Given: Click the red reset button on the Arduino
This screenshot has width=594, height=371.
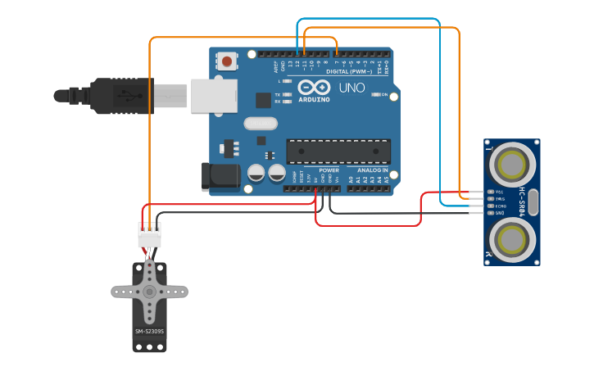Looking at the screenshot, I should point(227,61).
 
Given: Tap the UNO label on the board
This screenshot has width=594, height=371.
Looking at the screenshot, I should point(351,87).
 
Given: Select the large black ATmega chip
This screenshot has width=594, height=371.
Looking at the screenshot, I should point(338,152).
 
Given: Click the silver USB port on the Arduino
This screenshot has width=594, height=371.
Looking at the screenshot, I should point(214,95).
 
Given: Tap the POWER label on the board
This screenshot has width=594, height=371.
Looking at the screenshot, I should point(329,170).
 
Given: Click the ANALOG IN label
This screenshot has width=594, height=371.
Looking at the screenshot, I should point(372,170).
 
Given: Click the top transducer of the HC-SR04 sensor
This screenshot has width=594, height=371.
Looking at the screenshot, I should point(512,164).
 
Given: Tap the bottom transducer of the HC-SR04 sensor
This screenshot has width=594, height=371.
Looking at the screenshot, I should point(512,240).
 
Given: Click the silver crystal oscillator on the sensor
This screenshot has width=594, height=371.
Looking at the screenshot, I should point(533,201).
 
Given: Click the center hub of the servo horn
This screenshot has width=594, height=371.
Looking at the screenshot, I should point(149,292).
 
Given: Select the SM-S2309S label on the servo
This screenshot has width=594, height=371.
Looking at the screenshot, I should point(149,332).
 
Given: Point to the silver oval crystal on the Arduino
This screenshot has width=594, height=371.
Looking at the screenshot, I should point(261,124).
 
